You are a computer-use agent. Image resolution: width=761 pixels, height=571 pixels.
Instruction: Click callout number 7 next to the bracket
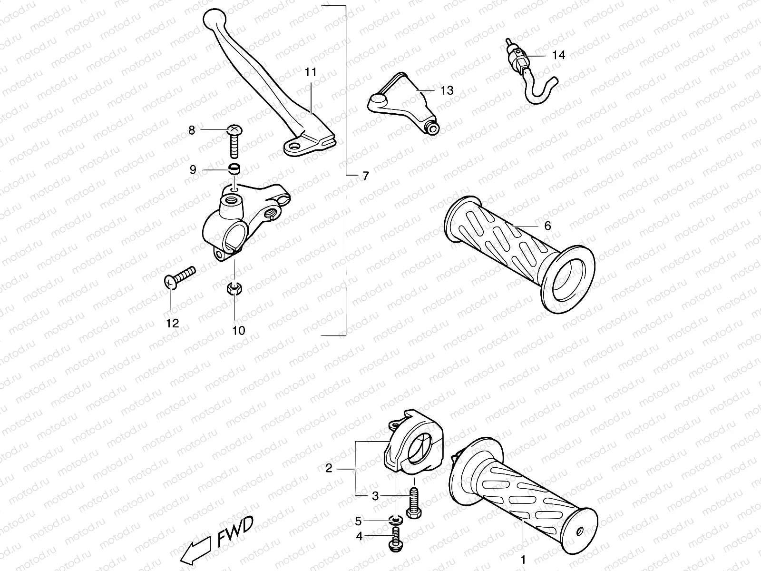pyautogui.click(x=365, y=176)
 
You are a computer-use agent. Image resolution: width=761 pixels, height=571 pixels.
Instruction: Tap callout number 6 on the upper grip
pyautogui.click(x=547, y=226)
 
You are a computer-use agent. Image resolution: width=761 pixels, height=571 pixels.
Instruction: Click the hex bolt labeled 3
pyautogui.click(x=413, y=504)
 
